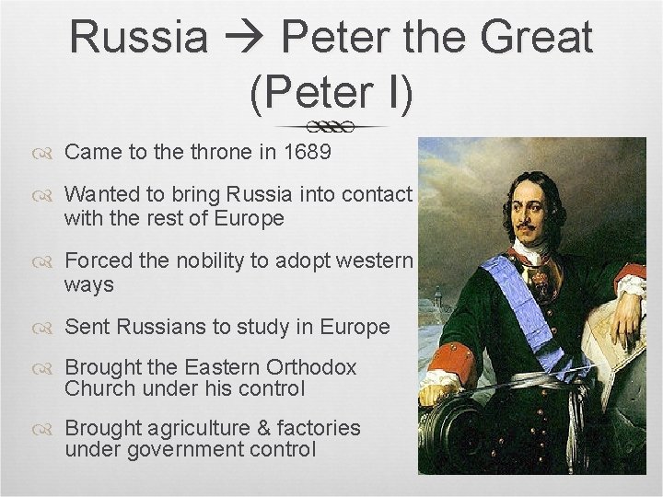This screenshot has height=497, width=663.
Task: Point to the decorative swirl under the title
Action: coord(331,125)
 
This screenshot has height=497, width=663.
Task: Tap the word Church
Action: coord(98,388)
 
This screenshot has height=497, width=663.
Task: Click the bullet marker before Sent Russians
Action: coord(47,328)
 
